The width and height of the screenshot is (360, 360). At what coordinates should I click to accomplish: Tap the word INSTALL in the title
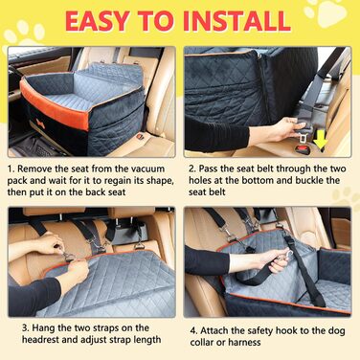236,21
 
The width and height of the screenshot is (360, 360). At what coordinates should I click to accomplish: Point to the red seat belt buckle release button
303,149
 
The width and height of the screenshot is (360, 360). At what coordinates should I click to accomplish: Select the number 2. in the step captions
192,169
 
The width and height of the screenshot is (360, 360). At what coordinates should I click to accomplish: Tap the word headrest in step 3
40,340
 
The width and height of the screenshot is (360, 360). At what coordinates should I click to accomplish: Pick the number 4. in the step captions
194,330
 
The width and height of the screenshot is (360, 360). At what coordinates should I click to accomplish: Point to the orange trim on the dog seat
54,106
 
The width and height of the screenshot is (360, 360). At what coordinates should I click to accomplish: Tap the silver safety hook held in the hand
285,255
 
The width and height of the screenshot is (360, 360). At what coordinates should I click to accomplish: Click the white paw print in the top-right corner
326,12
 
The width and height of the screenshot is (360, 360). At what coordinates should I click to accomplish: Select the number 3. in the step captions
26,328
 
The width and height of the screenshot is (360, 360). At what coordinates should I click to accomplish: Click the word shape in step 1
160,181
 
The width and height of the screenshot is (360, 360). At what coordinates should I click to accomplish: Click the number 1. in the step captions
11,169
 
